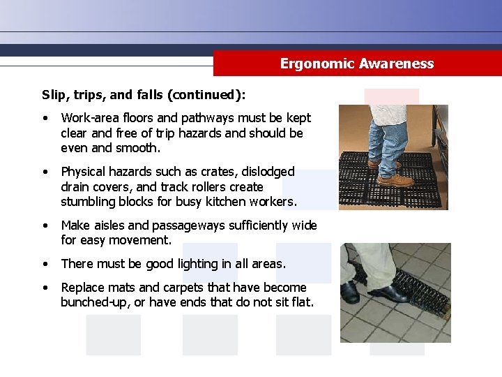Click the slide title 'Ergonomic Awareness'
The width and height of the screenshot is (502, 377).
coord(356,64)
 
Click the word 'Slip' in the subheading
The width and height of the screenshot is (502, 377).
coord(53,94)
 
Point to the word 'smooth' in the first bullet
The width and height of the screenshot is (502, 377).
coord(139,148)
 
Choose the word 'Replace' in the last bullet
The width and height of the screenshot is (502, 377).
coord(82,288)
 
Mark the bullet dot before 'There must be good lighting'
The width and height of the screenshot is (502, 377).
coord(45,264)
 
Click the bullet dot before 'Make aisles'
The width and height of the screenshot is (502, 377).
coord(45,226)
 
